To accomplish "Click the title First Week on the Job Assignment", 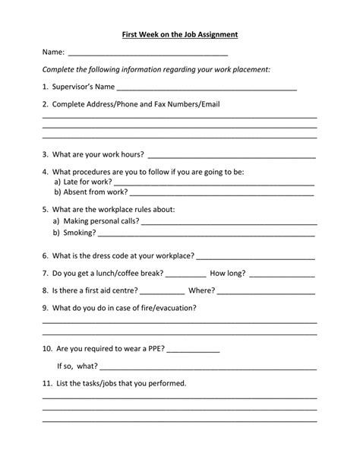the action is coord(181,34).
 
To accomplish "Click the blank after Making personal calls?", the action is coord(228,223).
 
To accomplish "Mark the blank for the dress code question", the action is coord(256,256).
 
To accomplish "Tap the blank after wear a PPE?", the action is coord(193,351).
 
